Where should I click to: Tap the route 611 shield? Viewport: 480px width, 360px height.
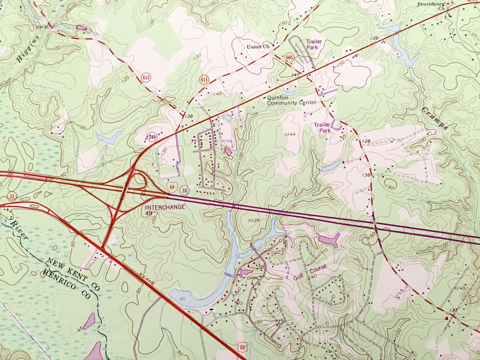204,80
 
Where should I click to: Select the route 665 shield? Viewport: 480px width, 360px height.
289,58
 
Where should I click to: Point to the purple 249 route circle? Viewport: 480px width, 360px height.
152,137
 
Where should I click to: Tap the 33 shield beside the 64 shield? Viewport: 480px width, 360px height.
184,190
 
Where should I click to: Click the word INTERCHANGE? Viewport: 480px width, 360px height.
165,207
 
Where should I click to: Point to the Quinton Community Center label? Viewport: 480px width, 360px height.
292,100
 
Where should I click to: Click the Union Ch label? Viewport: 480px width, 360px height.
258,47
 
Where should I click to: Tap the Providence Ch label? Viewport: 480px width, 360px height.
431,6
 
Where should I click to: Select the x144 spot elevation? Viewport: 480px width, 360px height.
290,134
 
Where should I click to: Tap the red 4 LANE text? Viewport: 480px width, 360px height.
147,279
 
